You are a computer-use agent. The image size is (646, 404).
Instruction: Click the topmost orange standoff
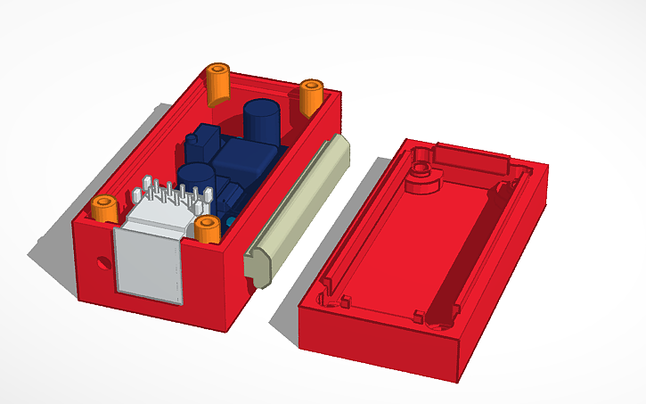pos(218,83)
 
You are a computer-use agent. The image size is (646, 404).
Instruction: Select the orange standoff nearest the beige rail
pos(311,96)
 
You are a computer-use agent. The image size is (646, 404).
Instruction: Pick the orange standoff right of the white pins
pos(208,228)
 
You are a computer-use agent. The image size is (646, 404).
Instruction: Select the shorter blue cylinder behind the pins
pos(194,175)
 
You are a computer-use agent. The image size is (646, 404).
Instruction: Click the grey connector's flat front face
pos(149,262)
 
